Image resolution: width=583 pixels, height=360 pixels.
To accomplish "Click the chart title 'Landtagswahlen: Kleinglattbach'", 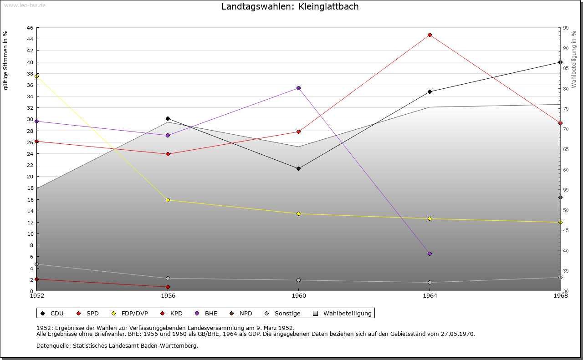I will (x=290, y=6).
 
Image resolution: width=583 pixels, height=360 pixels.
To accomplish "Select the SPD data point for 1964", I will (x=430, y=35).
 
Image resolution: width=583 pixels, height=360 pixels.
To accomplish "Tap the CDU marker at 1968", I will (x=560, y=62).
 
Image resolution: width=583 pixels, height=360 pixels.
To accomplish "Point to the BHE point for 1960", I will (x=298, y=88).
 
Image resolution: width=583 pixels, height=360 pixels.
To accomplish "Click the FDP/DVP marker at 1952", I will (x=36, y=76).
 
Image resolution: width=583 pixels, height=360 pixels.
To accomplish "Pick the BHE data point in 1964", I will (x=430, y=254).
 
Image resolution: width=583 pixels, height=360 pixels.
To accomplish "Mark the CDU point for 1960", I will (x=298, y=168).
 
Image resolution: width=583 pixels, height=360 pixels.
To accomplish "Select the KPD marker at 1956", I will (x=168, y=287).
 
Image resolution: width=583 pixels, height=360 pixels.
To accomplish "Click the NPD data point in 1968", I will (x=560, y=197).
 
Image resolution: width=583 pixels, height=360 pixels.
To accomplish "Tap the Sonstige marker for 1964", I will (x=430, y=282).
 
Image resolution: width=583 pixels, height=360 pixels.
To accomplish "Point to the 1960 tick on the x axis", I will (x=298, y=296).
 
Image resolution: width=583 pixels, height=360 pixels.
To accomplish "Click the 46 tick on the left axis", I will (x=30, y=28).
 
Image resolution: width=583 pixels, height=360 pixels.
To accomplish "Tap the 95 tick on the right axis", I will (x=566, y=28).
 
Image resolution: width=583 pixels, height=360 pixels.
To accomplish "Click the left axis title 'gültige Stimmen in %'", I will (x=6, y=60).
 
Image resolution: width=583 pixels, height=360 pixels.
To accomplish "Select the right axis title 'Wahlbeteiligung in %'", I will (x=574, y=59).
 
